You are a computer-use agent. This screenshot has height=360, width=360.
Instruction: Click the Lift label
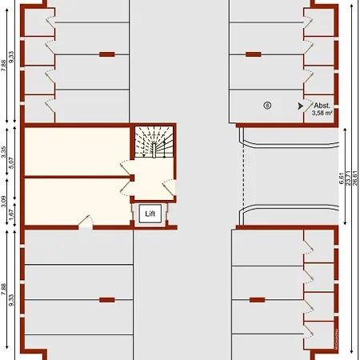tap(151, 214)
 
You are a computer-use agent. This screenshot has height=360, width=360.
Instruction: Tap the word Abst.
tap(322, 106)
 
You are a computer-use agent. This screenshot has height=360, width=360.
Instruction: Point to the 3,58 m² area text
tap(322, 114)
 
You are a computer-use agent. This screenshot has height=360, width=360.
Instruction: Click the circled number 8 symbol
tap(267, 104)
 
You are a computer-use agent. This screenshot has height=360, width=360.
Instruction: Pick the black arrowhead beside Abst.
tap(300, 105)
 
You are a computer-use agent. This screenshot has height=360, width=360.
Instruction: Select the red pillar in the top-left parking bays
tap(106, 54)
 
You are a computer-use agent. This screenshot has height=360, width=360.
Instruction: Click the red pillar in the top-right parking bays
tap(254, 54)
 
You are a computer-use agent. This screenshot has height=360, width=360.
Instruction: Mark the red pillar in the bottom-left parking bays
tap(106, 300)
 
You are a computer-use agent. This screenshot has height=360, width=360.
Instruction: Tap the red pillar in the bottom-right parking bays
tap(257, 300)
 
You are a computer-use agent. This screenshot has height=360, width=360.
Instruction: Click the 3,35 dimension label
tap(5, 150)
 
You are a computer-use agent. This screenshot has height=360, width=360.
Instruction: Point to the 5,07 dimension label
tap(13, 164)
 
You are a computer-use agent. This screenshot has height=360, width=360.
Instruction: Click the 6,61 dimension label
tap(342, 178)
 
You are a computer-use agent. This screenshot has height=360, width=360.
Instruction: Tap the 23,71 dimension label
tap(348, 178)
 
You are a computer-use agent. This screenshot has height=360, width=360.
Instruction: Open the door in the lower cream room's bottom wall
tap(85, 225)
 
